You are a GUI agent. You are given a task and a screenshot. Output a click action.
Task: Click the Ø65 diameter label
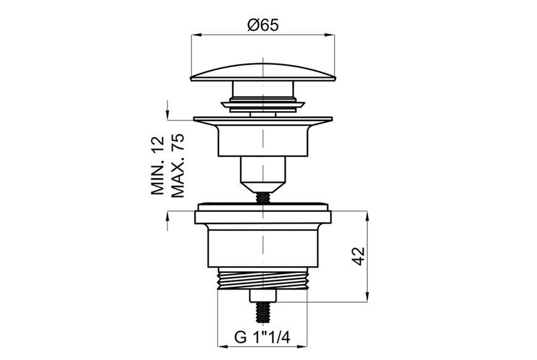pyautogui.click(x=263, y=25)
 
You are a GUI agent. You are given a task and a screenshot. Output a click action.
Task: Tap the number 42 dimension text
pyautogui.click(x=359, y=256)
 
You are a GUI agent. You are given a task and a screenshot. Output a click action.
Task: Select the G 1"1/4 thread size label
pyautogui.click(x=262, y=337)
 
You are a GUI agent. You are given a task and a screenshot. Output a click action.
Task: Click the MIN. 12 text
pyautogui.click(x=158, y=165)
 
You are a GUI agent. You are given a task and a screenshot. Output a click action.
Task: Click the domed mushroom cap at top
pyautogui.click(x=263, y=72)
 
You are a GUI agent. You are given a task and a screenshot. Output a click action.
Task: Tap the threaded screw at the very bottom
pyautogui.click(x=262, y=312)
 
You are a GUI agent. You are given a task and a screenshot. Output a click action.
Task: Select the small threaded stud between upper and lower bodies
pyautogui.click(x=262, y=198)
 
